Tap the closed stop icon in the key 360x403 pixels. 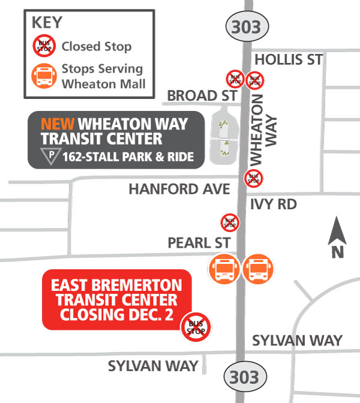[44, 46]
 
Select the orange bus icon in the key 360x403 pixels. [44, 76]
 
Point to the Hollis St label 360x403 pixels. [289, 59]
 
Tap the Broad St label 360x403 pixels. [200, 96]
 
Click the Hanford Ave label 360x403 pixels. [179, 190]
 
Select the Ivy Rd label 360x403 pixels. [274, 204]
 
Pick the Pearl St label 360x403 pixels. [199, 243]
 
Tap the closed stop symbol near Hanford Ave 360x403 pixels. [253, 178]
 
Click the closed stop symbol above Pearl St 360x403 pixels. [230, 222]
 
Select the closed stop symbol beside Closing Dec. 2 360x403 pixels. [196, 327]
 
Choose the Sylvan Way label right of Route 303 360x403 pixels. [297, 341]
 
